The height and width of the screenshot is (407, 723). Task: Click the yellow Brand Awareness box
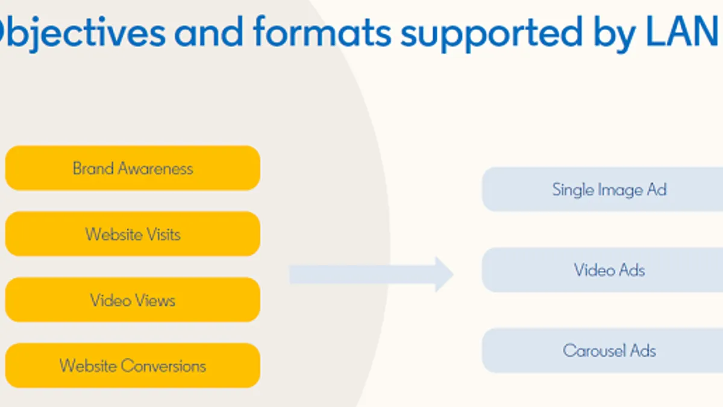(x=133, y=168)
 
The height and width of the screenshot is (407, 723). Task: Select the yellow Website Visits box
(x=133, y=234)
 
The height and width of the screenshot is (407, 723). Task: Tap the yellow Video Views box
(x=133, y=300)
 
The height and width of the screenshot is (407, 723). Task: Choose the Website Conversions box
(x=133, y=365)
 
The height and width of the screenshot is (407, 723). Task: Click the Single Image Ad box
(x=602, y=189)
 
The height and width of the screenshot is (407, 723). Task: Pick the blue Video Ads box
(x=602, y=270)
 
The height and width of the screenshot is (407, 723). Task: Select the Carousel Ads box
(x=602, y=350)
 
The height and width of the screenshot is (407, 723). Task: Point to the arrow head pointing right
(x=445, y=274)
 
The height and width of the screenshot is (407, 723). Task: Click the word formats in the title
(x=322, y=31)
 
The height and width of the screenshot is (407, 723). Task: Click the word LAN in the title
(x=681, y=31)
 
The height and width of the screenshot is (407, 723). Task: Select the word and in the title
(x=208, y=31)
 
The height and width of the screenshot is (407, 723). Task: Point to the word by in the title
(x=615, y=34)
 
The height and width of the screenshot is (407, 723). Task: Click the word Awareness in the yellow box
(x=155, y=168)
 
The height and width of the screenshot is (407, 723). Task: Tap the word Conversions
(x=164, y=366)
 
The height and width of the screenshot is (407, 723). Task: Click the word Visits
(x=163, y=234)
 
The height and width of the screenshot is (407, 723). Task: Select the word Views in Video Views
(x=155, y=300)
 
